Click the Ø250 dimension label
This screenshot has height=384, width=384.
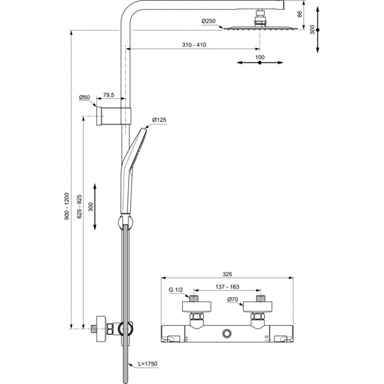click(x=208, y=21)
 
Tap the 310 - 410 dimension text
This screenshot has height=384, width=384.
click(x=194, y=45)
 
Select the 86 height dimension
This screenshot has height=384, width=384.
click(x=300, y=14)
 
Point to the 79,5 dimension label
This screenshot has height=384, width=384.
click(x=109, y=95)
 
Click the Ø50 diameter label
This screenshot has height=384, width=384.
click(x=84, y=97)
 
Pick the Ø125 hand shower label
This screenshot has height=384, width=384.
click(x=159, y=120)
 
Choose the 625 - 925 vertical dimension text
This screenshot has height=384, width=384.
click(x=79, y=206)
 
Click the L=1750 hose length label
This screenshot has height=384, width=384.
click(x=147, y=364)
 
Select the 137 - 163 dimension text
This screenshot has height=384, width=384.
click(x=228, y=287)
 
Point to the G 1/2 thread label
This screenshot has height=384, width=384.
click(x=176, y=290)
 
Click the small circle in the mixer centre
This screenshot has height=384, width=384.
click(x=227, y=334)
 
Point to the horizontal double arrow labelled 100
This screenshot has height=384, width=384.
click(x=260, y=63)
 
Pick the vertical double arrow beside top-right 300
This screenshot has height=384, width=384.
click(x=318, y=30)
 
